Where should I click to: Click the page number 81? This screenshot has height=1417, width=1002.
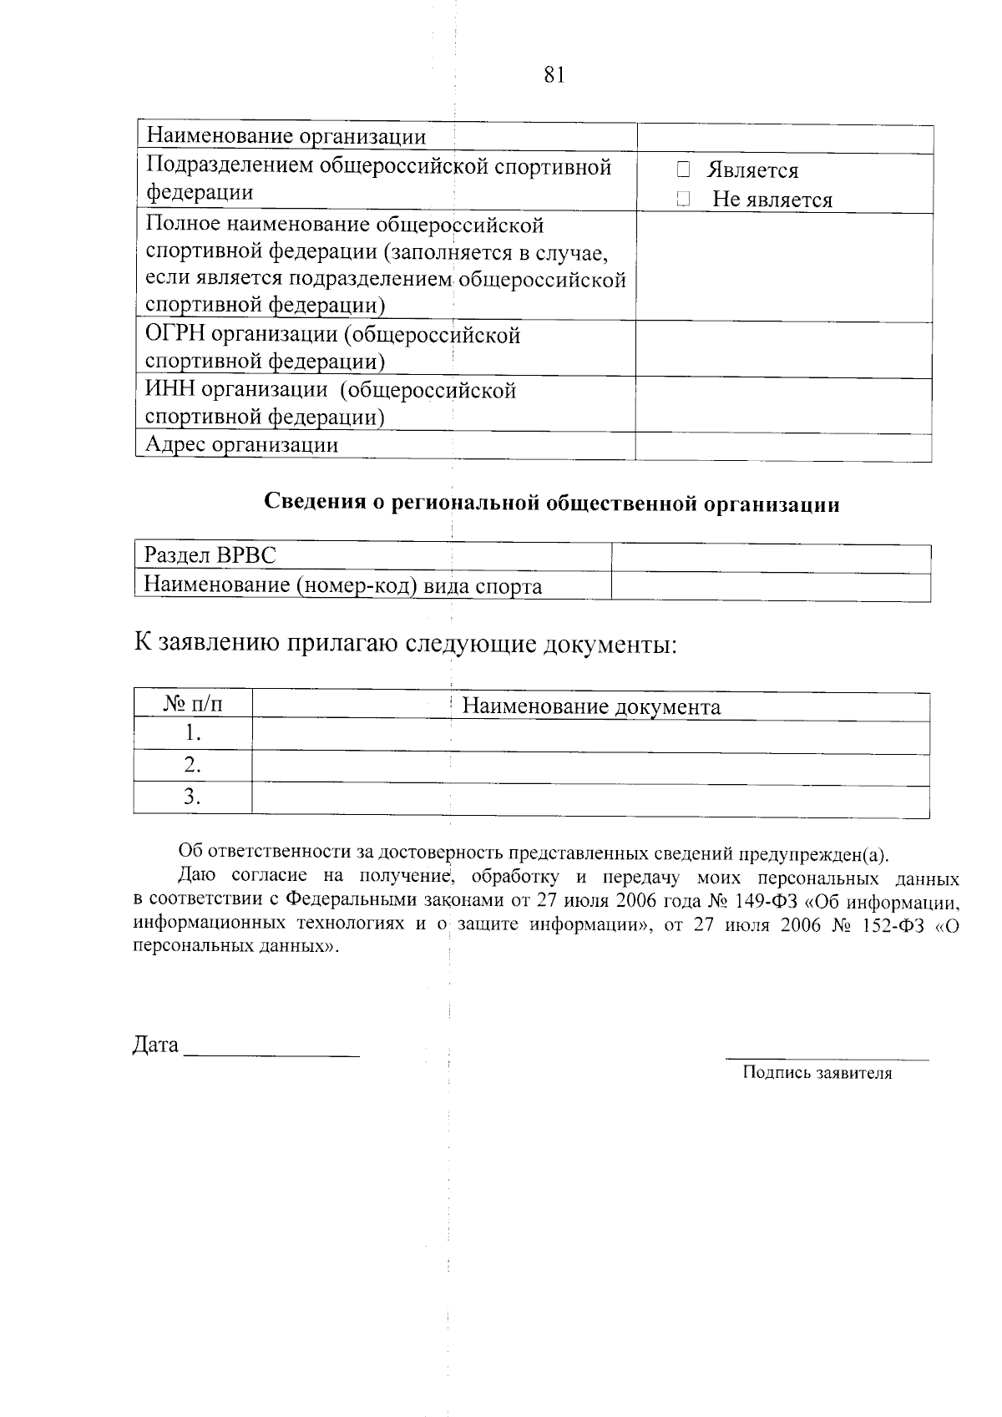[x=554, y=75]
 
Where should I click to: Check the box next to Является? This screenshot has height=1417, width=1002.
[x=683, y=170]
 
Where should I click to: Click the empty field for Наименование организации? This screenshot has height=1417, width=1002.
[x=785, y=139]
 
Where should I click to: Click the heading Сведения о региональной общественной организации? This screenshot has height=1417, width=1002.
[x=551, y=504]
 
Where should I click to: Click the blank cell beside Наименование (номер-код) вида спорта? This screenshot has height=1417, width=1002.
[x=770, y=586]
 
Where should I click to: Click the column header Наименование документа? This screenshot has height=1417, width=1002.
[x=591, y=707]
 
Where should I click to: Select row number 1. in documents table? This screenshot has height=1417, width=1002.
[x=193, y=734]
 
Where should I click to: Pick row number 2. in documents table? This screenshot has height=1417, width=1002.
[x=193, y=765]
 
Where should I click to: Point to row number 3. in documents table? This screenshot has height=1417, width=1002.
[x=193, y=797]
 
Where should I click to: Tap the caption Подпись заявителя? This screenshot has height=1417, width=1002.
[x=817, y=1074]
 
